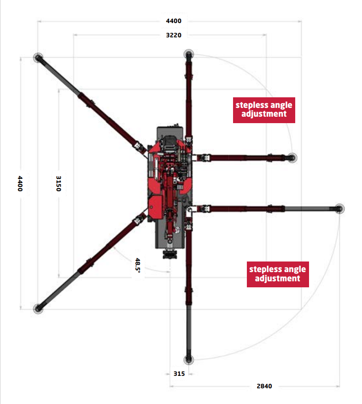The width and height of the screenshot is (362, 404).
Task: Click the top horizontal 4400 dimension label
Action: point(174,21)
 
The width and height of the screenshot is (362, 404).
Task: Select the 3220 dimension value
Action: point(174,35)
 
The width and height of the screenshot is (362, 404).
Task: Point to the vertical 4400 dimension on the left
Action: point(20,184)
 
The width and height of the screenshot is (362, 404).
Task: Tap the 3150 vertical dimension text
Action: point(58,184)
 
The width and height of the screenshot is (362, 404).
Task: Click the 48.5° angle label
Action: point(138,265)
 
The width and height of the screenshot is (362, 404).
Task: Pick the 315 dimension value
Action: point(179,374)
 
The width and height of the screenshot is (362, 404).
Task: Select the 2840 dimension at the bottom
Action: point(264,386)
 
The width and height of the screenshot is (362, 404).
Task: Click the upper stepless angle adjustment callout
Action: point(264,110)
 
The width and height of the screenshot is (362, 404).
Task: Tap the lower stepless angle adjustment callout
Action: point(278,274)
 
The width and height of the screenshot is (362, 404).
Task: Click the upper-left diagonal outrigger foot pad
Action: point(38,58)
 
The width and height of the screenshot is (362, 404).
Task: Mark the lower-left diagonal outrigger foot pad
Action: point(38,309)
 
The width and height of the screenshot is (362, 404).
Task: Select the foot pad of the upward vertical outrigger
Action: point(188,54)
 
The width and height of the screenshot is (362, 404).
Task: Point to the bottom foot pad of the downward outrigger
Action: point(188,359)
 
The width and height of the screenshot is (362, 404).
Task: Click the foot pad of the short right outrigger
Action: point(292,158)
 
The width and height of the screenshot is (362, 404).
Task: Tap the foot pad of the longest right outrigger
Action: point(339,209)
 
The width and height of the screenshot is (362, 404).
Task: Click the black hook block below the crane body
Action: point(170,254)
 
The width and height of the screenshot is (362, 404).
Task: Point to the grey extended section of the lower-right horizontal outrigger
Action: point(310,209)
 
